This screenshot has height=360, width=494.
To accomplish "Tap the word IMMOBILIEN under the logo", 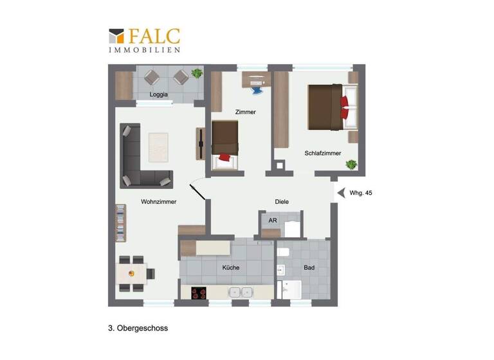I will pyautogui.click(x=143, y=50).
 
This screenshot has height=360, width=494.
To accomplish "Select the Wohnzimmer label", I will pyautogui.click(x=158, y=201).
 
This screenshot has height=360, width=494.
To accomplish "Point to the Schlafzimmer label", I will pyautogui.click(x=322, y=153).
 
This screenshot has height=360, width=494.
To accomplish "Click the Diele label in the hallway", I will pyautogui.click(x=282, y=201).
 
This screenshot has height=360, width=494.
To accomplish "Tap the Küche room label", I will pyautogui.click(x=231, y=267).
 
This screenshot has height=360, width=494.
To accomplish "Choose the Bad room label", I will pyautogui.click(x=309, y=267).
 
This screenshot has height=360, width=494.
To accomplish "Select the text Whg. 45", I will pyautogui.click(x=361, y=192).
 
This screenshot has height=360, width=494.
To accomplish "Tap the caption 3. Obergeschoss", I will pyautogui.click(x=138, y=328).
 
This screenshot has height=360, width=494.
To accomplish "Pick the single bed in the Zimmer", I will pyautogui.click(x=225, y=145).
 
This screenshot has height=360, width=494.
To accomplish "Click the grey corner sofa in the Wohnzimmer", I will pyautogui.click(x=138, y=161).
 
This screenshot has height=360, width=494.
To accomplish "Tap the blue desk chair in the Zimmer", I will pyautogui.click(x=257, y=91).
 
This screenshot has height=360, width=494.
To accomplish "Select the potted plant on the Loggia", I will pyautogui.click(x=196, y=73).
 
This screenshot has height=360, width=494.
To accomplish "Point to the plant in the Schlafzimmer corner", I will pyautogui.click(x=351, y=165).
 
